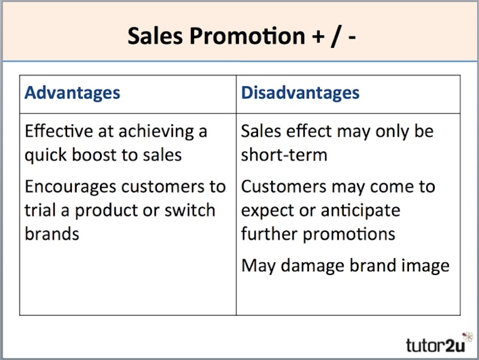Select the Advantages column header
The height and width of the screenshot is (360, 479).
tap(72, 93)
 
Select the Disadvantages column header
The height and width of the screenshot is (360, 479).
tap(300, 93)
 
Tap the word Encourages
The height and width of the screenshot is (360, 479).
tap(71, 186)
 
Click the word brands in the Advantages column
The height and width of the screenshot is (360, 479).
tap(52, 234)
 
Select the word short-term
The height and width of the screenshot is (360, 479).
tap(284, 155)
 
